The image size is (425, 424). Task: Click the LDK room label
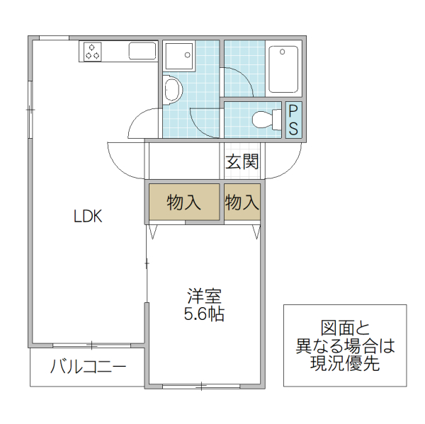tap(89, 217)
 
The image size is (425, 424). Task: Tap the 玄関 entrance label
tap(242, 162)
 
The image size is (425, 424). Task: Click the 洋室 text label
tap(204, 295)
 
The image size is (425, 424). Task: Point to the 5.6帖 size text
tap(204, 314)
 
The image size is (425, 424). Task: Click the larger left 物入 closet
tap(184, 203)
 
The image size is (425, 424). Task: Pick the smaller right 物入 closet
tap(242, 203)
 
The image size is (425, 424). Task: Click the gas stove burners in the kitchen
tap(93, 51)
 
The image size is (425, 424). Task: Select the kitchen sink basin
tap(142, 51)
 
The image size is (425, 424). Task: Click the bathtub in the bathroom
tap(284, 69)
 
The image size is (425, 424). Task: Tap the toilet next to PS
tap(265, 120)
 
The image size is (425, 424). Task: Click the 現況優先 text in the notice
tap(345, 364)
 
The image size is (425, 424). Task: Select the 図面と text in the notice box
tap(345, 329)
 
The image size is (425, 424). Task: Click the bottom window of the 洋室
tap(201, 386)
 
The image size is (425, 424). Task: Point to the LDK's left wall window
tap(30, 110)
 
